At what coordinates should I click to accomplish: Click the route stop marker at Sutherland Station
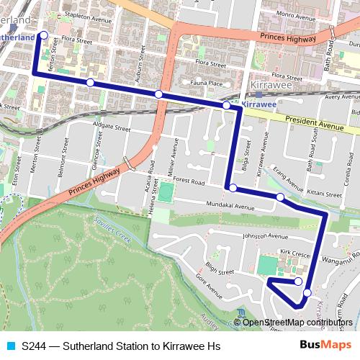coord(43,35)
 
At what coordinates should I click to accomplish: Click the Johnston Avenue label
coord(264,235)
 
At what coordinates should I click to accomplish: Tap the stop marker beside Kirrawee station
coord(227,106)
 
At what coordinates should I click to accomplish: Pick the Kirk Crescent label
coord(295,253)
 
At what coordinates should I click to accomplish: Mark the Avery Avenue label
coord(342,96)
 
